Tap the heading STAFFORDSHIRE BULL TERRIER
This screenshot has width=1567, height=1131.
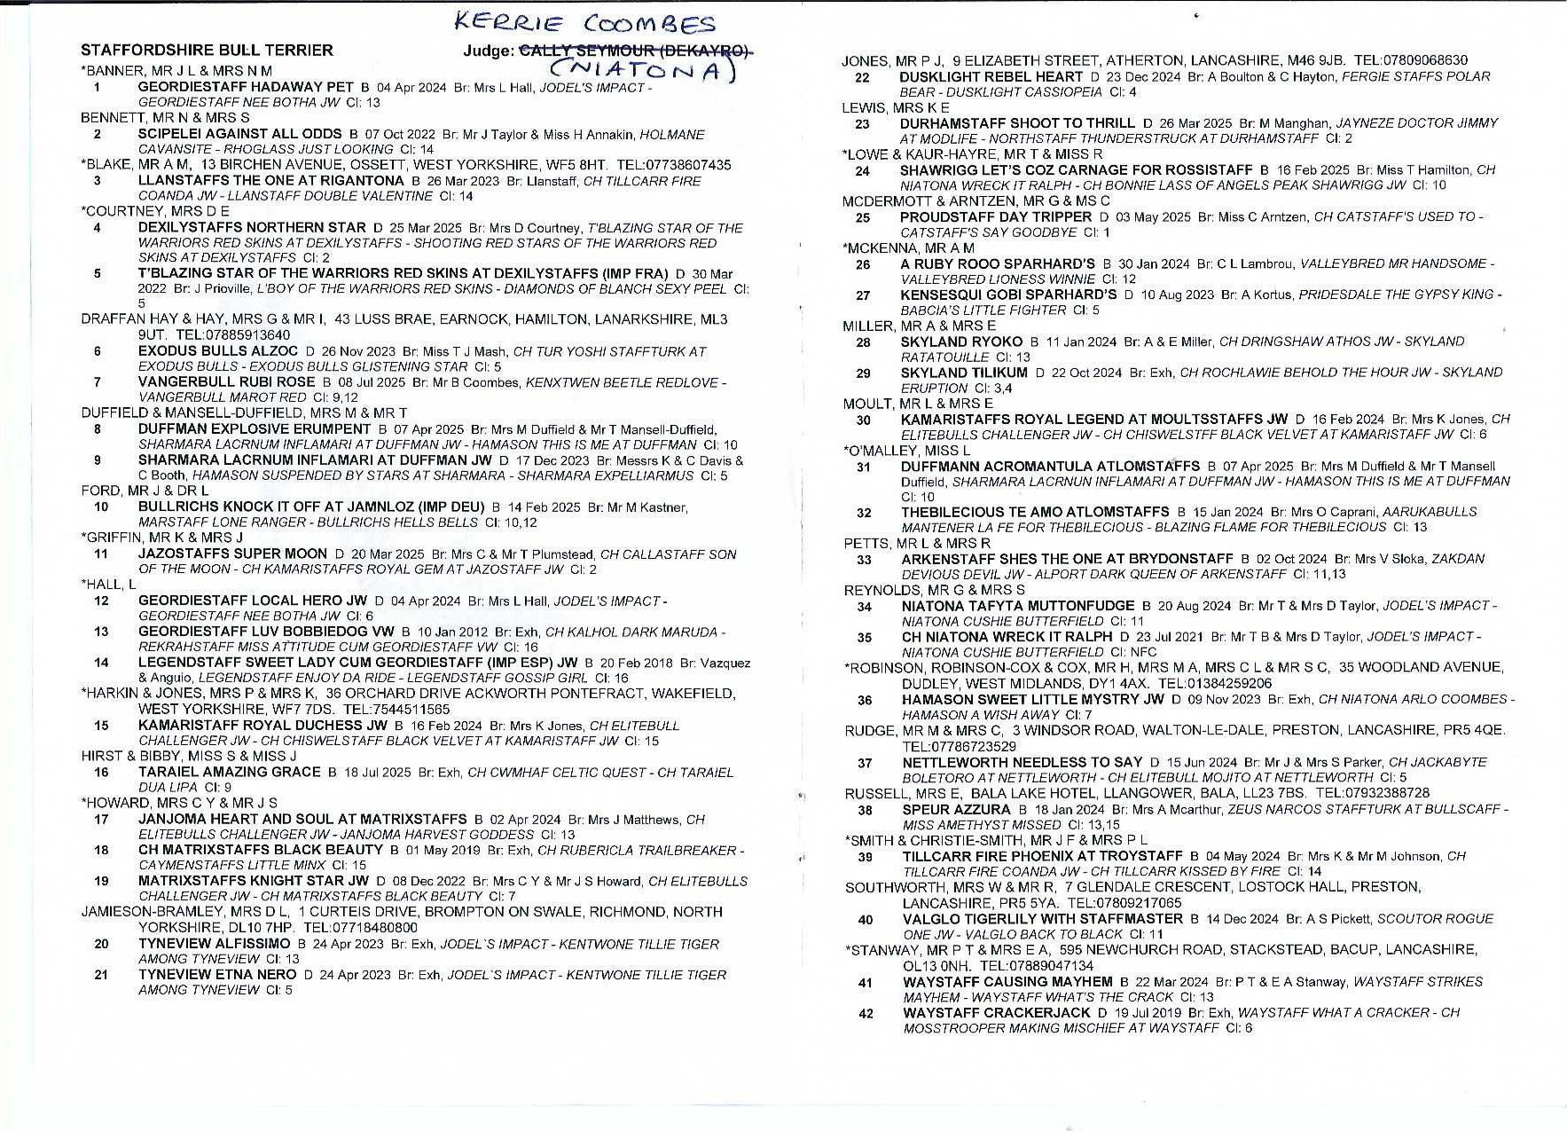click(x=207, y=51)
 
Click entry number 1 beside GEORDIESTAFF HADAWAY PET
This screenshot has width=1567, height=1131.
click(x=97, y=88)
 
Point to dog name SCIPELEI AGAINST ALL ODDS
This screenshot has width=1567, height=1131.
click(x=239, y=134)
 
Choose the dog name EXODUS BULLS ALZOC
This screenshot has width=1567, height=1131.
click(x=218, y=351)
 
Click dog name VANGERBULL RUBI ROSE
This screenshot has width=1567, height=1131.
click(x=226, y=382)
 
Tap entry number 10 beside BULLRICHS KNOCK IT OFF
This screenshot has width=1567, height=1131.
click(x=101, y=507)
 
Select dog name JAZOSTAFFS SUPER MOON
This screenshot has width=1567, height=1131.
click(x=232, y=554)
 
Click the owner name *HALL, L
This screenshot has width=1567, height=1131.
click(x=108, y=585)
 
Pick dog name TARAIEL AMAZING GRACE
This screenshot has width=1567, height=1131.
click(x=229, y=772)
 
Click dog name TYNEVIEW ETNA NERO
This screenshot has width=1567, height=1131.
click(x=217, y=974)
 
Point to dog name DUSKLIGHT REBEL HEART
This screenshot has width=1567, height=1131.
click(x=991, y=77)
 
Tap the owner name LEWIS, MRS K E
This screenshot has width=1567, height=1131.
click(x=895, y=108)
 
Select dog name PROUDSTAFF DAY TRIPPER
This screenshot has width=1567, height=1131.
click(x=995, y=216)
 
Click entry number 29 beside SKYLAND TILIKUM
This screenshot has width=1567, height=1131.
click(x=863, y=373)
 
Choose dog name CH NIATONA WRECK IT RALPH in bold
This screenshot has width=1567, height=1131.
click(x=1007, y=637)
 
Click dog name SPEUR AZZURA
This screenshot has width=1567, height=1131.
click(x=956, y=809)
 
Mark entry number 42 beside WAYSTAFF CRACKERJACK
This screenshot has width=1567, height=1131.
click(x=866, y=1013)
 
